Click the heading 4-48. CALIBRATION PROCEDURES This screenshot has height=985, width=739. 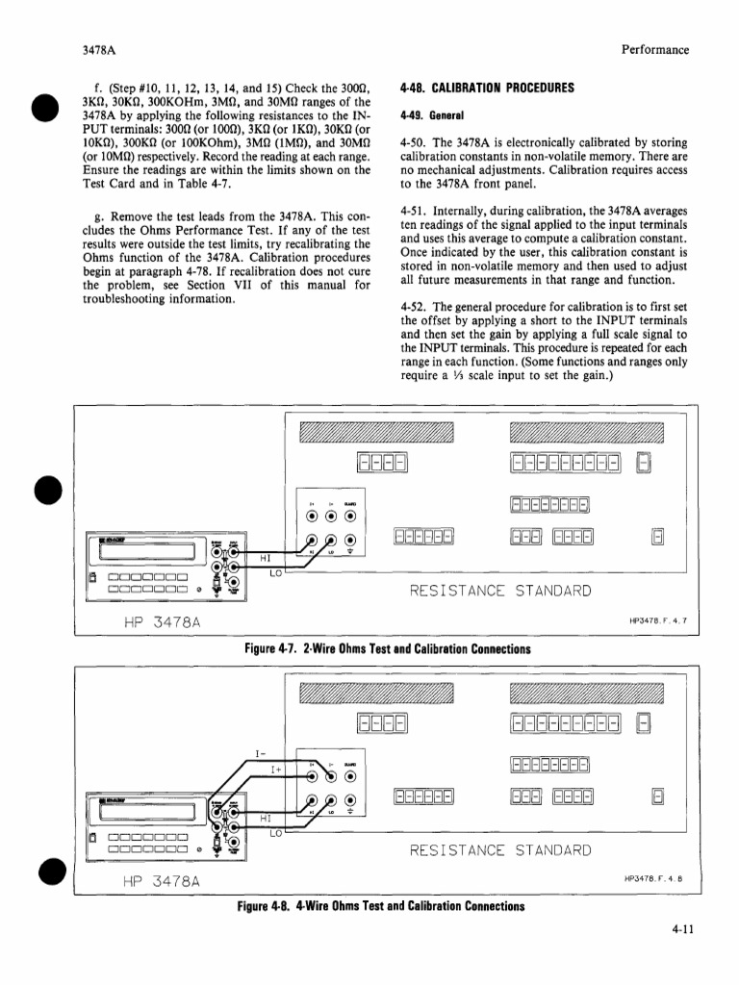click(487, 87)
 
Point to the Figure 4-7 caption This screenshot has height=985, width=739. click(388, 648)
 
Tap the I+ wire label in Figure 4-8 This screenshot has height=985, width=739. click(277, 769)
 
